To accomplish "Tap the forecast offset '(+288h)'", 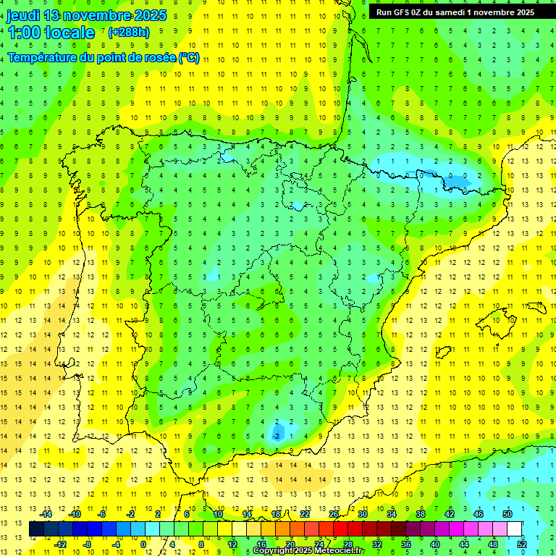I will click(128, 33).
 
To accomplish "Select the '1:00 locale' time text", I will click(51, 33).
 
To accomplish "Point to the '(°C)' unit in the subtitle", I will click(189, 57).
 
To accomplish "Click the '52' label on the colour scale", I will click(521, 544).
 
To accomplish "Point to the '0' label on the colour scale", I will click(143, 544).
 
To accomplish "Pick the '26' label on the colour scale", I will click(334, 514).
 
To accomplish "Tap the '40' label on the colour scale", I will click(434, 544).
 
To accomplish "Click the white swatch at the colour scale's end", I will click(514, 528).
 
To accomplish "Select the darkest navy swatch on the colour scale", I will click(36, 528).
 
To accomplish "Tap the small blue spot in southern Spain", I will click(277, 433).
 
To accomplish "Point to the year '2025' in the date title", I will click(148, 15).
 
